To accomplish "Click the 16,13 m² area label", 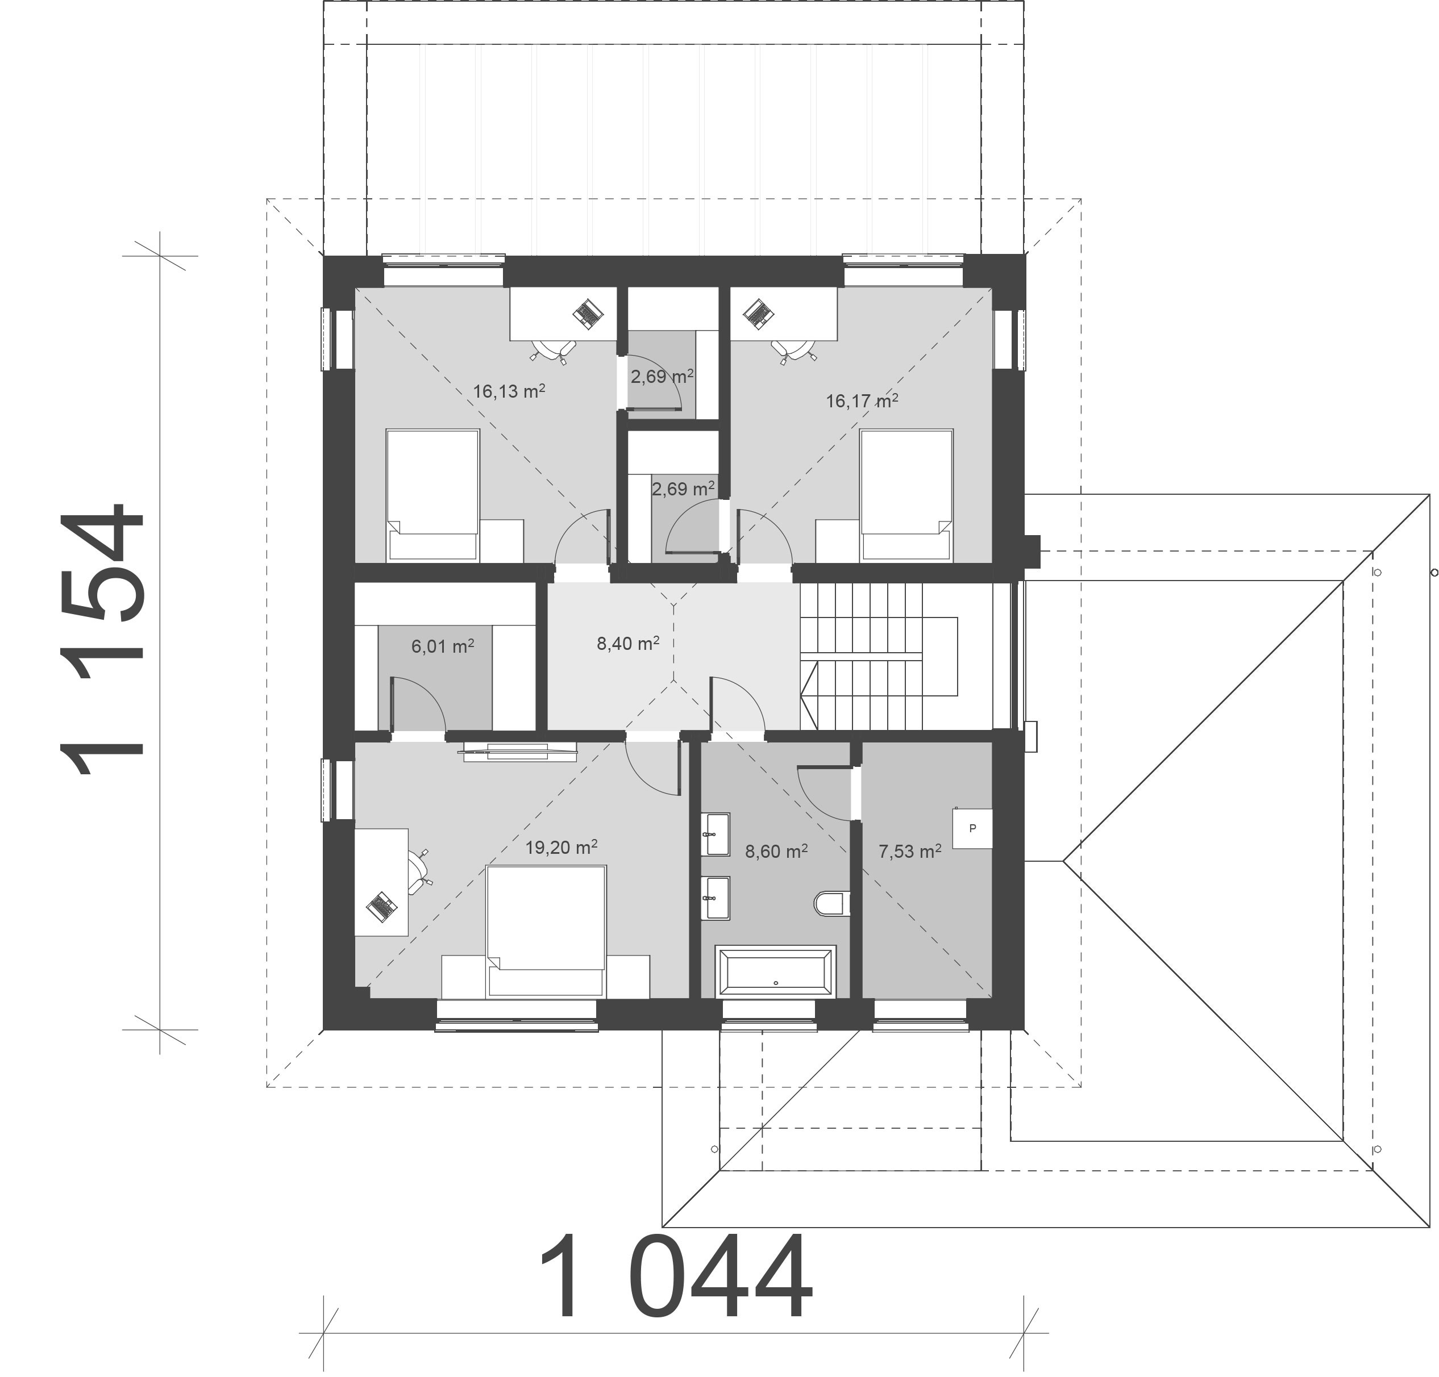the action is coord(509,391).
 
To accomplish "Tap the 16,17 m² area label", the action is coord(862,400).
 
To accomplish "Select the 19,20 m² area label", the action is coord(561,848).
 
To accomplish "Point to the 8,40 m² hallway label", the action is coord(628,644).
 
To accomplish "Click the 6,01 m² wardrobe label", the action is coord(442,646).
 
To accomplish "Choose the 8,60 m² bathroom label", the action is coord(776,852).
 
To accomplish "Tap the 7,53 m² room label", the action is coord(910,852).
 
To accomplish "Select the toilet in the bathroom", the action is coord(832,903).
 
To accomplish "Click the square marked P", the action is coord(973,829).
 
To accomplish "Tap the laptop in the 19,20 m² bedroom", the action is coord(380,907).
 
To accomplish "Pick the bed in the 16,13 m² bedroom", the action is coord(432,495).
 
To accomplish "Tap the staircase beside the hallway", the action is coord(896,656).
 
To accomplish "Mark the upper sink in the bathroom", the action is coord(714,834).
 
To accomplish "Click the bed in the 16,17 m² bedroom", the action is coord(906,495).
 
